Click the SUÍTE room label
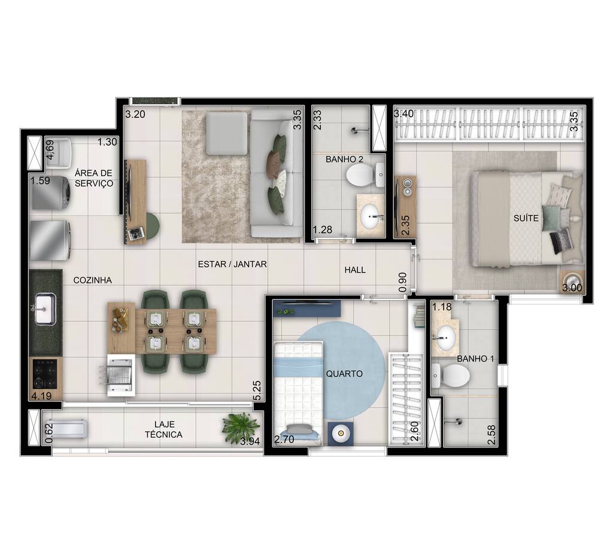click(525, 218)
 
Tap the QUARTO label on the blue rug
click(344, 373)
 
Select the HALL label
click(355, 270)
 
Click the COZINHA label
click(92, 280)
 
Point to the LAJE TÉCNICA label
click(163, 429)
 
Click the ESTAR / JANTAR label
click(233, 264)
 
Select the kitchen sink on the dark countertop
click(45, 308)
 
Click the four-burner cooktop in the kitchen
click(45, 373)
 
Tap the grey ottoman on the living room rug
click(226, 133)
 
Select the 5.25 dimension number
click(257, 392)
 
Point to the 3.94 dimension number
click(249, 443)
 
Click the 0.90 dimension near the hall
click(402, 283)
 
